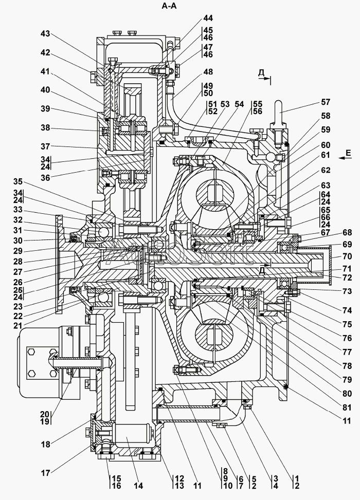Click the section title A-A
coord(169,6)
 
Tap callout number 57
coord(326,102)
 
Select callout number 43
coord(46,33)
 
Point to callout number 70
coord(347,256)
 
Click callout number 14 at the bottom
coord(138,486)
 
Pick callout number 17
coord(46,473)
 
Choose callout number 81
coord(347,408)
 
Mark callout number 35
coord(18,181)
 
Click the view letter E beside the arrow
coord(348,153)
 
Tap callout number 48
coord(208,72)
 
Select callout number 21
coord(18,326)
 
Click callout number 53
coord(225,104)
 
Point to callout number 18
coord(46,444)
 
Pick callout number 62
coord(326,170)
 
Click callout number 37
coord(46,146)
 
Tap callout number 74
coord(347,310)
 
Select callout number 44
coord(208,18)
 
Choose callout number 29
coord(18,251)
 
